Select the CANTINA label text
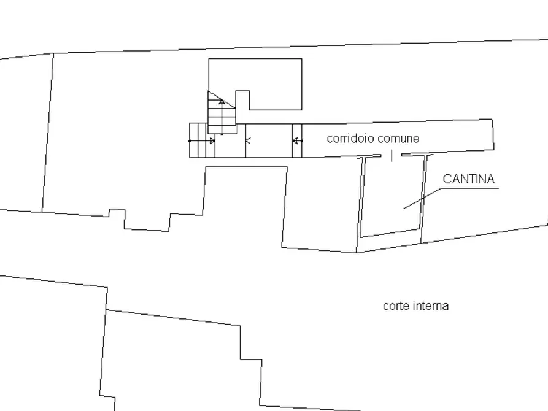469,179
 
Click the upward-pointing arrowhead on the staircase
222,102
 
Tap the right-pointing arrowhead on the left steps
212,141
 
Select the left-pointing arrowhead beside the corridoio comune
295,141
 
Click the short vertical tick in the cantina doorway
392,156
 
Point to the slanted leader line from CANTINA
423,199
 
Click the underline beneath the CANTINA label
469,188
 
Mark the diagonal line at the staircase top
222,100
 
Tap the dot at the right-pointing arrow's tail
190,141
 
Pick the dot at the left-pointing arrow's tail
301,141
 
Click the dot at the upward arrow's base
222,134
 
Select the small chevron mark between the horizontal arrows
248,141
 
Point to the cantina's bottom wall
390,233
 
